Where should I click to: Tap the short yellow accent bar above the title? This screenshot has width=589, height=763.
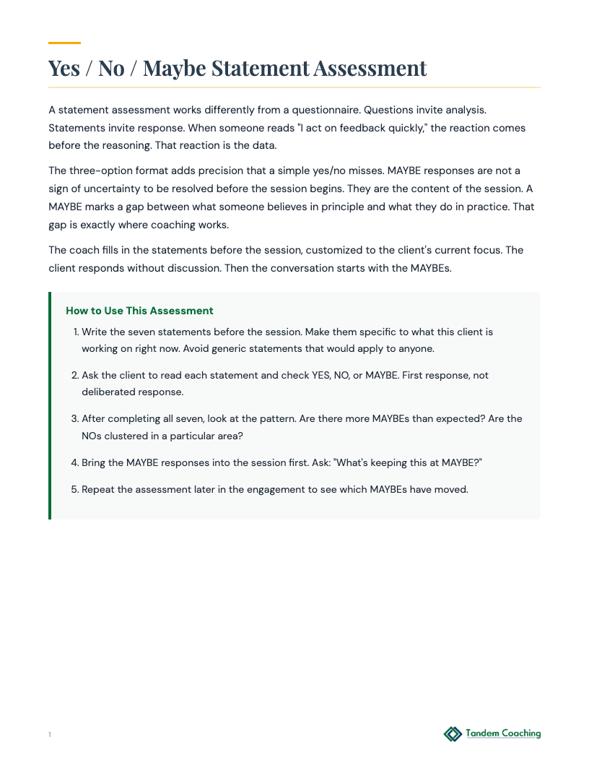[x=64, y=43]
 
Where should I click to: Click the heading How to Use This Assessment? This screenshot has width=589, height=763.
[x=139, y=311]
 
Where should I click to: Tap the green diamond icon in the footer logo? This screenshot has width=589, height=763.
[x=453, y=734]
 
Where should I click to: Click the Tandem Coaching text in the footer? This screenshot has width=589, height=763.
[x=502, y=733]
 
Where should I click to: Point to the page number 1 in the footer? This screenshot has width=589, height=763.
[x=50, y=735]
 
